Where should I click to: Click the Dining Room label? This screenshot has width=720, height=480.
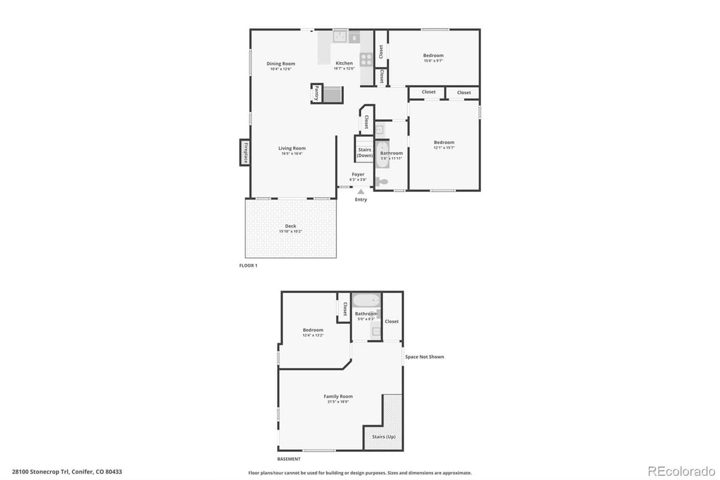click(x=281, y=64)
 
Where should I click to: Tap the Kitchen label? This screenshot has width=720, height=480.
click(x=344, y=63)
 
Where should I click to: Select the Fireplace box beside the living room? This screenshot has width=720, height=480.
click(x=245, y=152)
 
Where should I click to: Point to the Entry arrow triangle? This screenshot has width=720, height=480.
click(x=361, y=191)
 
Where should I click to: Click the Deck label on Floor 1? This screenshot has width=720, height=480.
click(x=290, y=226)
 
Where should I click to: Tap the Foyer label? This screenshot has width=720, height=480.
click(x=358, y=175)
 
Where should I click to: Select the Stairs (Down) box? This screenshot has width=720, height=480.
click(x=364, y=152)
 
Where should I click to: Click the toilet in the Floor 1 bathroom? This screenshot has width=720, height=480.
click(x=382, y=181)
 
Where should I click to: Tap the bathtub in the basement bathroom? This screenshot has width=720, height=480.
click(x=366, y=299)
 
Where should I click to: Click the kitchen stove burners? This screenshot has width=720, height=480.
click(x=365, y=59)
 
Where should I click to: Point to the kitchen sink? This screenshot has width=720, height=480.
click(x=340, y=37)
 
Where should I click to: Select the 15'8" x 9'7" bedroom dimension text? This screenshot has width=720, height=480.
click(x=433, y=61)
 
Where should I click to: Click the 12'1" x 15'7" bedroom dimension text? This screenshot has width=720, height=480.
click(x=444, y=147)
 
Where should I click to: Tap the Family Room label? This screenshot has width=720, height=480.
click(x=338, y=397)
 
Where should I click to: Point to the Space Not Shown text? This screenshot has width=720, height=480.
click(x=425, y=357)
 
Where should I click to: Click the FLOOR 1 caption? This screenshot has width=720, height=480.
click(x=248, y=265)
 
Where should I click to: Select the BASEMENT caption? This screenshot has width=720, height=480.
click(x=289, y=459)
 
